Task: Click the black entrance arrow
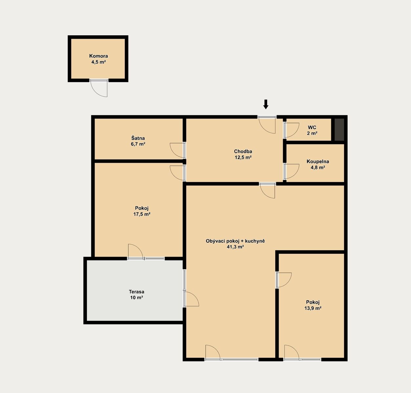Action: click(x=266, y=104)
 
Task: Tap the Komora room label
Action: click(x=98, y=56)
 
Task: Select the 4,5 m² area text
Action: click(x=98, y=62)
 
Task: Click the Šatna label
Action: click(x=138, y=138)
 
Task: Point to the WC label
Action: click(x=312, y=127)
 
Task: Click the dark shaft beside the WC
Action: click(x=339, y=130)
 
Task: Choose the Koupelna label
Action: click(x=318, y=161)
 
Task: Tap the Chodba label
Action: click(x=243, y=151)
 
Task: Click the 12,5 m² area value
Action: click(x=243, y=157)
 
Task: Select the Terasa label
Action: click(x=136, y=292)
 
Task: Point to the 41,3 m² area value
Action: click(x=235, y=247)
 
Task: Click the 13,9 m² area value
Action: click(x=313, y=308)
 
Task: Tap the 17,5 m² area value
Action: click(x=142, y=214)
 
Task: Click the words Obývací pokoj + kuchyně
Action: click(x=235, y=241)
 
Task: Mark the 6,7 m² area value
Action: click(x=138, y=144)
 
